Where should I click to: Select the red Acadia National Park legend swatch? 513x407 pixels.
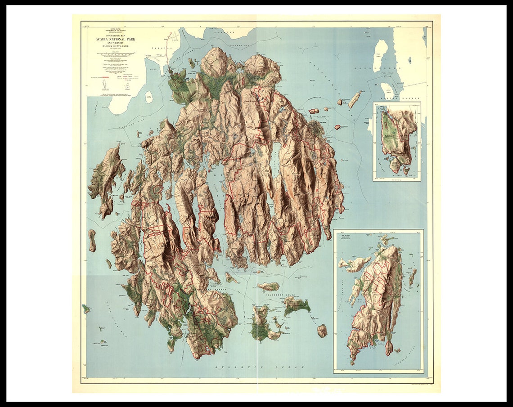107,77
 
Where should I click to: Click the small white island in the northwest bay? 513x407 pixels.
148,97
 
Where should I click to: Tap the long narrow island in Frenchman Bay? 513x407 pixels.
355,99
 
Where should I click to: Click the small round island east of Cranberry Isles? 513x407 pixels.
322,331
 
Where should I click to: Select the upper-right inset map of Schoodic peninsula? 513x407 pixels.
396,141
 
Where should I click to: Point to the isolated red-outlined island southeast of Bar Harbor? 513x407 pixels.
337,127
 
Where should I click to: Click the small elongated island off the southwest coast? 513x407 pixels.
92,240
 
